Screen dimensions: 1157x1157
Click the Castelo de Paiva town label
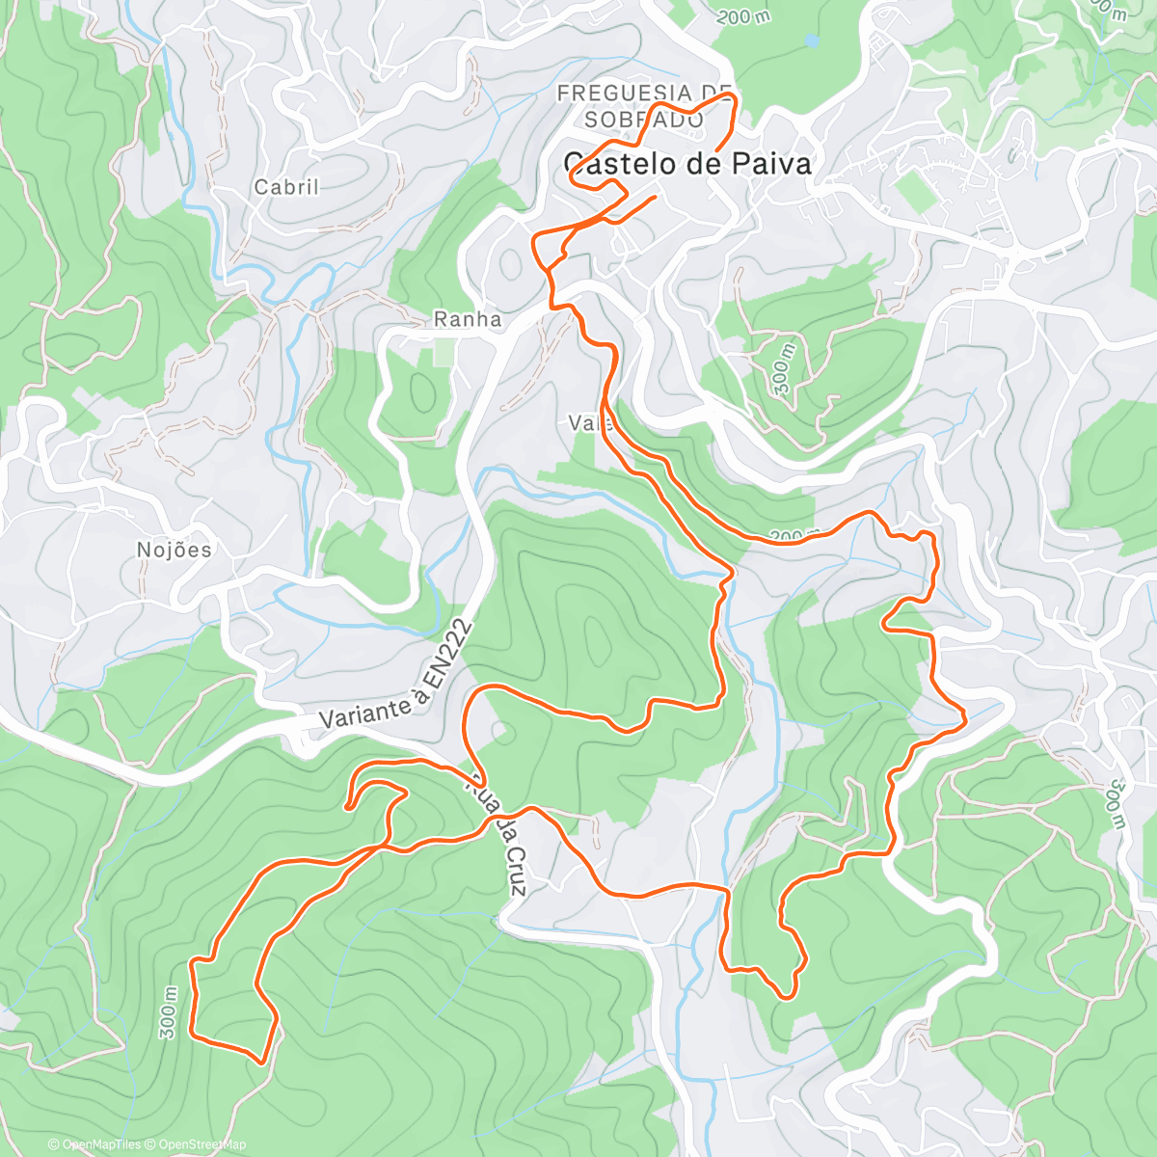(x=686, y=164)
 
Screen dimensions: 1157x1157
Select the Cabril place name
(x=286, y=187)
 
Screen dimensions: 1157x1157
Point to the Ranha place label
(x=468, y=319)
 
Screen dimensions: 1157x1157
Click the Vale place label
(x=586, y=423)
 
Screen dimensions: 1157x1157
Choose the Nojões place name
(x=174, y=550)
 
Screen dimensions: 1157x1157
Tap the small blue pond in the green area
(x=812, y=41)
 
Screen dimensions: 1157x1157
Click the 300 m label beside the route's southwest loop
(x=169, y=1013)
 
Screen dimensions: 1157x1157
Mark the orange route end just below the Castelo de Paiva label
(x=656, y=198)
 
